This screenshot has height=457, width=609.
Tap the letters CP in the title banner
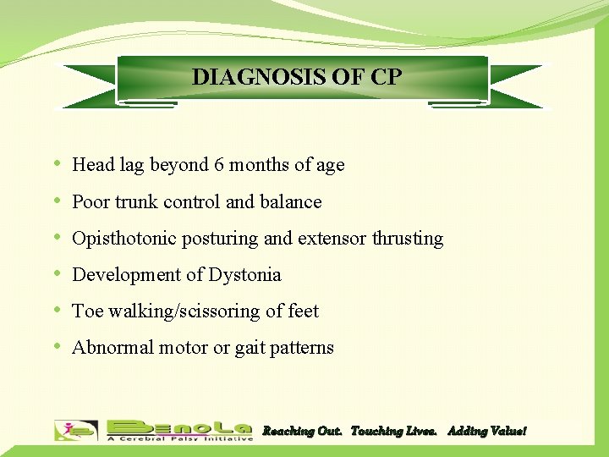click(x=386, y=77)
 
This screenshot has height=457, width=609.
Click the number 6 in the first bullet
click(x=219, y=165)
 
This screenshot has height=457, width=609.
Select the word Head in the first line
click(x=92, y=165)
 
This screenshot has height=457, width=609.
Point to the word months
click(x=257, y=165)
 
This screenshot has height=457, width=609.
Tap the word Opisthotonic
click(x=124, y=239)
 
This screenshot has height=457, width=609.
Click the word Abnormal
click(x=108, y=348)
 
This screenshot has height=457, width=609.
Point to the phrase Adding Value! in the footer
click(x=486, y=432)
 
